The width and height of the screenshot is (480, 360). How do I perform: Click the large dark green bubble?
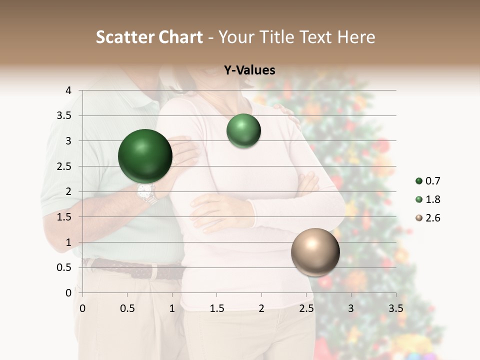pyautogui.click(x=145, y=156)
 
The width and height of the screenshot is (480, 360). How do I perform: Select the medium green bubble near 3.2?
pyautogui.click(x=243, y=130)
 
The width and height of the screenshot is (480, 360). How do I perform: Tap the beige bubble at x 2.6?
pyautogui.click(x=315, y=252)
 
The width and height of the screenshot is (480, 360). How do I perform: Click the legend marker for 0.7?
pyautogui.click(x=419, y=181)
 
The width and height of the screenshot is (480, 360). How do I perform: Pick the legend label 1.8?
pyautogui.click(x=433, y=199)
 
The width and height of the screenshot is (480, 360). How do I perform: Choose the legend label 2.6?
pyautogui.click(x=433, y=218)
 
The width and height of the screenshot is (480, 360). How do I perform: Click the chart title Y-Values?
pyautogui.click(x=249, y=70)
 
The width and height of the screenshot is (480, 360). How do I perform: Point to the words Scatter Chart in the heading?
pyautogui.click(x=149, y=37)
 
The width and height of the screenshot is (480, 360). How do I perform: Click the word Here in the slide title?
pyautogui.click(x=356, y=37)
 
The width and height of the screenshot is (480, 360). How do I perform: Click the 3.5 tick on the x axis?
pyautogui.click(x=395, y=308)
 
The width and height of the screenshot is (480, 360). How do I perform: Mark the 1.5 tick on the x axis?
pyautogui.click(x=216, y=308)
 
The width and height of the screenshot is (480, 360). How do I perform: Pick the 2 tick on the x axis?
pyautogui.click(x=261, y=308)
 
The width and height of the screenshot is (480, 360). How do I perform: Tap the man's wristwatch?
pyautogui.click(x=146, y=192)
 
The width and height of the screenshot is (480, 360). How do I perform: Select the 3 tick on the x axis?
pyautogui.click(x=351, y=308)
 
